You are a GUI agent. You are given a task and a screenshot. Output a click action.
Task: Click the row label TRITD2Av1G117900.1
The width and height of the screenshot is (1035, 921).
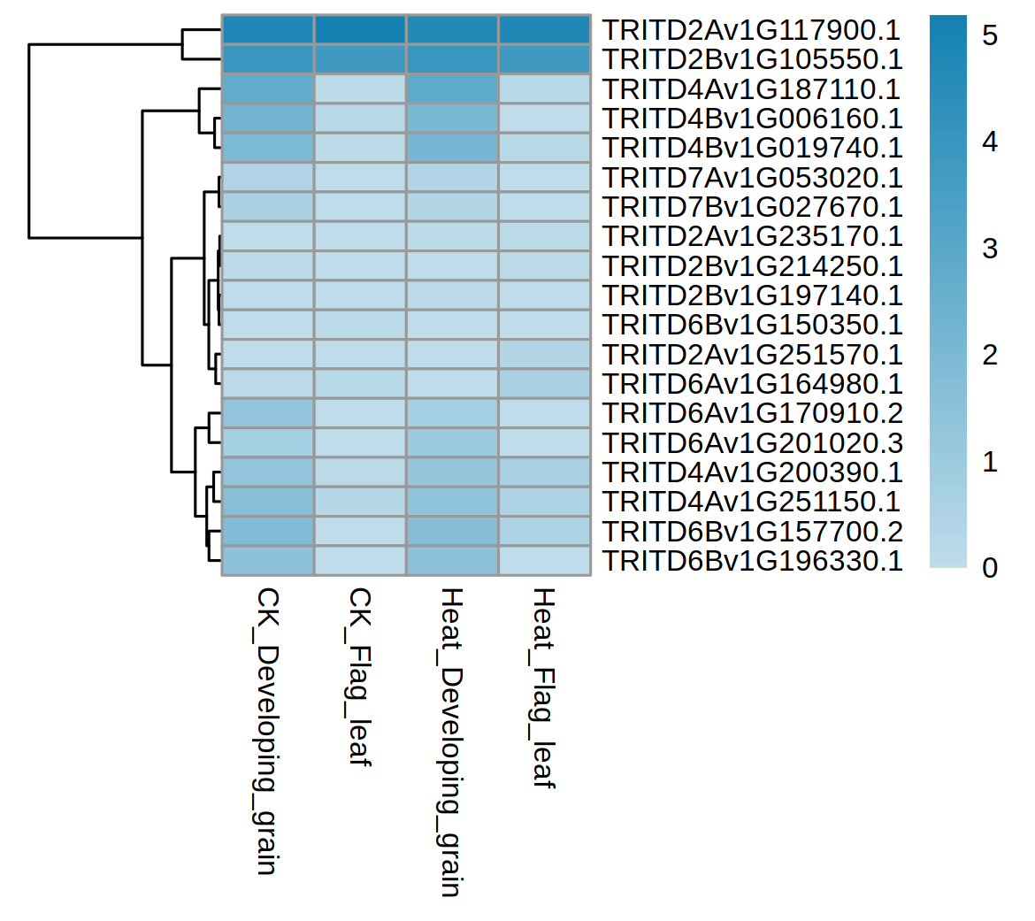[x=751, y=31]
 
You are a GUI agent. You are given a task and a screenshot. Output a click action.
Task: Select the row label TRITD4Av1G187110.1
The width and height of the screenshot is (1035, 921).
[x=751, y=89]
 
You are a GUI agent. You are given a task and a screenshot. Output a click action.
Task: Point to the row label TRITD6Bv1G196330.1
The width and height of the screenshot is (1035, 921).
[x=753, y=561]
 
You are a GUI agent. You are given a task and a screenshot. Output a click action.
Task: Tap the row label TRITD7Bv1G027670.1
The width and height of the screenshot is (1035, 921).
[x=753, y=207]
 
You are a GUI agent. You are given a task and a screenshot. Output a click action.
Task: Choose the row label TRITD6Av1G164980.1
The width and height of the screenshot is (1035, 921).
[x=753, y=384]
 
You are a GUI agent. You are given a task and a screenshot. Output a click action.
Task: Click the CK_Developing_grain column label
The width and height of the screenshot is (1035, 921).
[x=267, y=730]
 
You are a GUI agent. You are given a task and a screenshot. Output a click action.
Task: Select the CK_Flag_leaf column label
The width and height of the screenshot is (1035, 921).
[x=359, y=677]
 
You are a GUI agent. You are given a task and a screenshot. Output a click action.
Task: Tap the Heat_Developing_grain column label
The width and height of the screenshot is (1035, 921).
[x=451, y=741]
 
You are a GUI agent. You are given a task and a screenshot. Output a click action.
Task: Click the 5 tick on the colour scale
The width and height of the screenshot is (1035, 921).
[x=990, y=35]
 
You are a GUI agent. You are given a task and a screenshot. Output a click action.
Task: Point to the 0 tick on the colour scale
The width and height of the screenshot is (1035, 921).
[x=990, y=567]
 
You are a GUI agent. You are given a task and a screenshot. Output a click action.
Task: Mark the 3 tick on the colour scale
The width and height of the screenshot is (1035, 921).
[x=990, y=249]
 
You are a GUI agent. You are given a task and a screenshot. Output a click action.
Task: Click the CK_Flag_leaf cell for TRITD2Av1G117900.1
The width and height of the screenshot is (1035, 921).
[x=360, y=30]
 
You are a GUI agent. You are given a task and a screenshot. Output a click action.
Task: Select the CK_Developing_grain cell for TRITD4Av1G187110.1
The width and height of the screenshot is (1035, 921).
[x=268, y=89]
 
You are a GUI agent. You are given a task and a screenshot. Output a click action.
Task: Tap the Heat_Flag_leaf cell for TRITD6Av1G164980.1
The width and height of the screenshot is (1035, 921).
[x=544, y=384]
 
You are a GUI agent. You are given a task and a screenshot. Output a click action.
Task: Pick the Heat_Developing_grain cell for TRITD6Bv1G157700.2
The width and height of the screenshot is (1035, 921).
[x=452, y=532]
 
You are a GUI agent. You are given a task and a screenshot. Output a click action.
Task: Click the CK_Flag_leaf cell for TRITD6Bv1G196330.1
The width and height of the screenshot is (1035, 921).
[x=360, y=561]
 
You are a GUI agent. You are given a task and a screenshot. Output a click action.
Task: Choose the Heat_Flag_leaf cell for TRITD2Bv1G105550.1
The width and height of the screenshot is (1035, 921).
[x=544, y=59]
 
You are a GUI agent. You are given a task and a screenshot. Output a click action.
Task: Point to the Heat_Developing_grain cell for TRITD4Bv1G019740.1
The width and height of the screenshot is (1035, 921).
[x=452, y=148]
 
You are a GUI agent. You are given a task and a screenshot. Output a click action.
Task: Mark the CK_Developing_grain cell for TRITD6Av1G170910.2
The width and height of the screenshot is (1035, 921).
[x=268, y=413]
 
